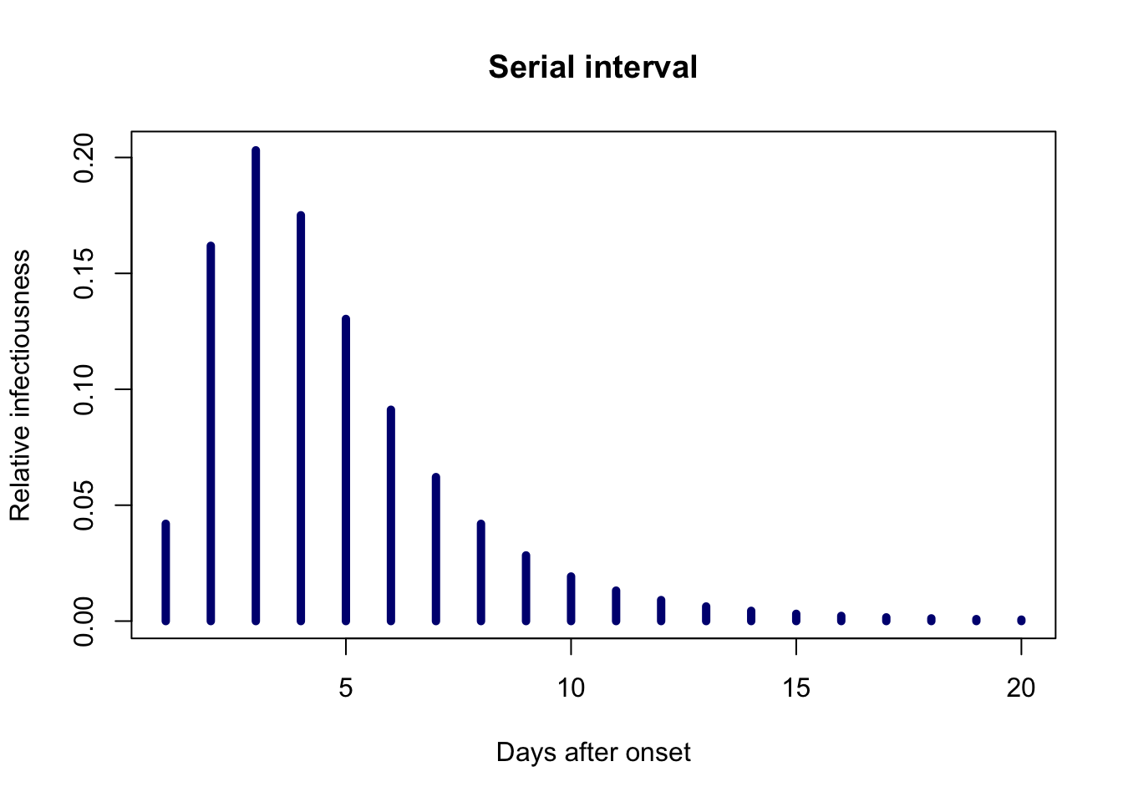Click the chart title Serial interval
tap(592, 67)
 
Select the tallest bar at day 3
tap(256, 385)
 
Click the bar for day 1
tap(166, 572)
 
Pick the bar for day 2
tap(211, 433)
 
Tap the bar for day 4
tap(301, 418)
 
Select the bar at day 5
tap(346, 470)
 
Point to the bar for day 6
tap(391, 515)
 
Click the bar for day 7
tap(435, 549)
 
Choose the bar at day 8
tap(480, 572)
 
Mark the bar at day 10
tap(571, 598)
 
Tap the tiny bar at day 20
tap(1021, 620)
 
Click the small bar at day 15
tap(796, 617)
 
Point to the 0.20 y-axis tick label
tap(84, 158)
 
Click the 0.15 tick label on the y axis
tap(84, 274)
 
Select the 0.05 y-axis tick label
tap(84, 505)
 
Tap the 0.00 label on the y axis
tap(84, 621)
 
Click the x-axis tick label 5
tap(346, 688)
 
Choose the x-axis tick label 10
tap(571, 688)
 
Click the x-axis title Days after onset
tap(593, 752)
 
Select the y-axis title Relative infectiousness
tap(21, 385)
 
